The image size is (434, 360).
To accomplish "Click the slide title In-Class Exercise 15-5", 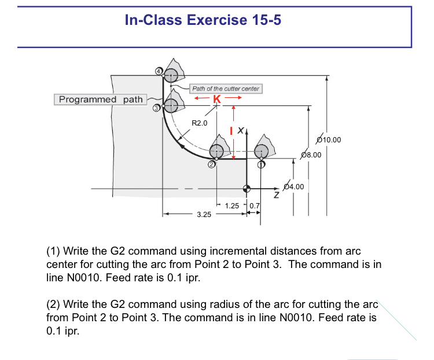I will (x=203, y=20).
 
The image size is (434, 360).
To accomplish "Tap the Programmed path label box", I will (x=101, y=100).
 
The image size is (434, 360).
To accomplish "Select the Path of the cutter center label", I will (x=226, y=89).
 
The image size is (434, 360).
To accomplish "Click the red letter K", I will (x=216, y=98).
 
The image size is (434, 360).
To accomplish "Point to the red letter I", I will (x=231, y=131).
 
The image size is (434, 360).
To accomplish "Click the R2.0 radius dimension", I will (x=199, y=123).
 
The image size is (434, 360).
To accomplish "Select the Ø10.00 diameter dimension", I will (x=329, y=139).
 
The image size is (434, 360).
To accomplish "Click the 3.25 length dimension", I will (x=203, y=214).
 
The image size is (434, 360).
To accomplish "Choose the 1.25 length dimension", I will (x=231, y=205).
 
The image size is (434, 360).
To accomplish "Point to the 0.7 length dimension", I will (x=255, y=205).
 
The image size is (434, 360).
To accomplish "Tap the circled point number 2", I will (x=212, y=165).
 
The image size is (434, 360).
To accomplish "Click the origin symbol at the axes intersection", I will (x=247, y=188).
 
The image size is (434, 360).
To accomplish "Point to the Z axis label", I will (x=277, y=196).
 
